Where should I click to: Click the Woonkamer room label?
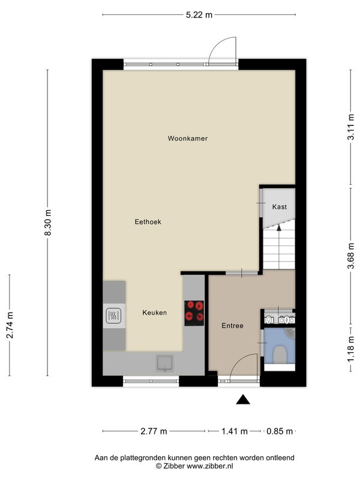pyautogui.click(x=188, y=139)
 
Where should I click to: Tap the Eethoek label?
pyautogui.click(x=148, y=221)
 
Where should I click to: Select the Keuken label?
pyautogui.click(x=155, y=313)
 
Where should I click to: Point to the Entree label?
pyautogui.click(x=233, y=326)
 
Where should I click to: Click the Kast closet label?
pyautogui.click(x=280, y=207)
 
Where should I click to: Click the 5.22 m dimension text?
pyautogui.click(x=199, y=14)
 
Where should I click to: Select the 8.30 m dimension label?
pyautogui.click(x=48, y=223)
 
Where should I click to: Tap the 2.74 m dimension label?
pyautogui.click(x=10, y=325)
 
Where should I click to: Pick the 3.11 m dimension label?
pyautogui.click(x=351, y=127)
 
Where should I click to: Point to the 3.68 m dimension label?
pyautogui.click(x=351, y=256)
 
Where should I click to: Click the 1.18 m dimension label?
pyautogui.click(x=351, y=349)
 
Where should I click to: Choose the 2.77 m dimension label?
pyautogui.click(x=154, y=431)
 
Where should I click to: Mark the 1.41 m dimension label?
pyautogui.click(x=235, y=431)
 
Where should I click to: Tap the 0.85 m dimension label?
pyautogui.click(x=280, y=431)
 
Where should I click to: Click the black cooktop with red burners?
pyautogui.click(x=194, y=313)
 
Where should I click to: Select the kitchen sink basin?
pyautogui.click(x=164, y=363)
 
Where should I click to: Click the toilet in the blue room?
pyautogui.click(x=280, y=354)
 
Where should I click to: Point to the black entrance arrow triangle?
pyautogui.click(x=243, y=400)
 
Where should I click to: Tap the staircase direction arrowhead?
pyautogui.click(x=278, y=227)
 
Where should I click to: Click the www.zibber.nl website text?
pyautogui.click(x=209, y=466)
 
